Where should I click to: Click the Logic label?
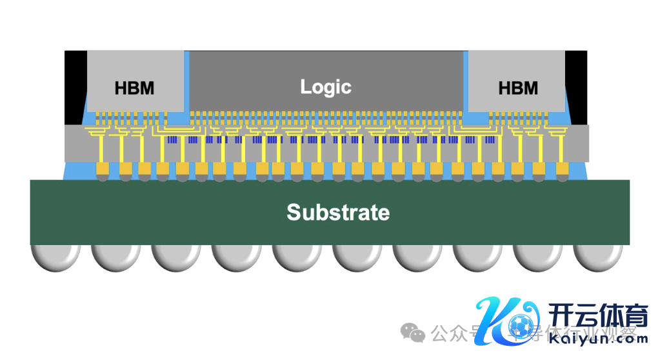tap(326, 87)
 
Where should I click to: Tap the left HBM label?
tap(134, 88)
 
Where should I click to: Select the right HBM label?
tap(518, 88)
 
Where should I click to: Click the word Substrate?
tap(338, 212)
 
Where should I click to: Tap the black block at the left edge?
tap(75, 87)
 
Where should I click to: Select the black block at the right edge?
tap(576, 87)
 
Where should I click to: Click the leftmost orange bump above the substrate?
tap(103, 168)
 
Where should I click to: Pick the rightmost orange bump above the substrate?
tap(561, 168)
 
